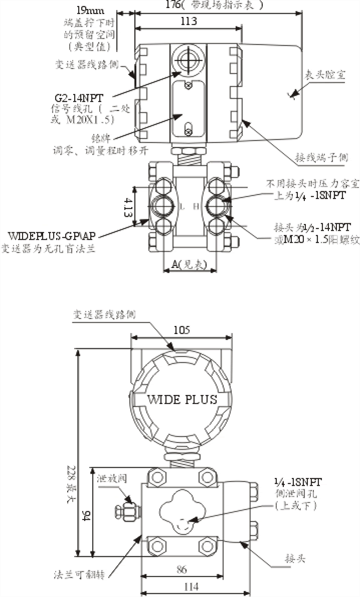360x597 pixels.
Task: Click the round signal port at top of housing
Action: click(186, 59)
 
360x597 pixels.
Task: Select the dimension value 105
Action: click(181, 331)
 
